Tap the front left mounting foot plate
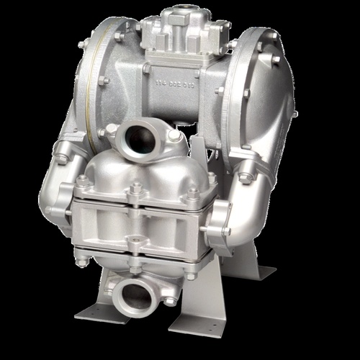102,312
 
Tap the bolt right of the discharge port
175,136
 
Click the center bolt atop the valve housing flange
135,189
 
